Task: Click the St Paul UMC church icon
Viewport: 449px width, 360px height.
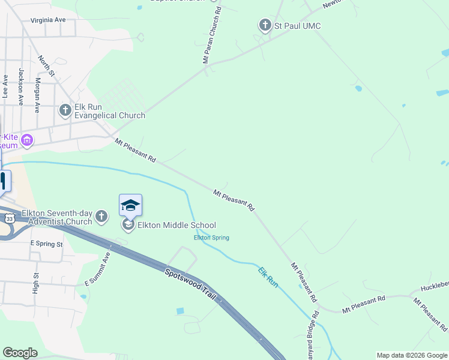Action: point(265,25)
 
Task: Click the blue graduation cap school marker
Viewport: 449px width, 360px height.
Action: point(130,205)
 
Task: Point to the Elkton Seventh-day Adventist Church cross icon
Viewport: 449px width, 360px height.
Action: point(101,217)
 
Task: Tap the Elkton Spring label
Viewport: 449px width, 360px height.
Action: point(211,238)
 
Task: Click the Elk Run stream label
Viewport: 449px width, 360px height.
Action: point(268,277)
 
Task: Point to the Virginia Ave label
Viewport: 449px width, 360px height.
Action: point(48,20)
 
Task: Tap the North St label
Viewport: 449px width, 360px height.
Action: point(46,67)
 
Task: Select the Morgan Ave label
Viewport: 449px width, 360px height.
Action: point(37,95)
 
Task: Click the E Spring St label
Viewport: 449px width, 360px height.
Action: point(46,244)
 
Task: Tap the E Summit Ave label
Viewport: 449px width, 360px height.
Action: point(98,268)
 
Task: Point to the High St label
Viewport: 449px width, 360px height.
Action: point(36,283)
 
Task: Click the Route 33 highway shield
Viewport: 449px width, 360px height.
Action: point(8,219)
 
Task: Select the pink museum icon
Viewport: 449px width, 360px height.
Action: point(26,141)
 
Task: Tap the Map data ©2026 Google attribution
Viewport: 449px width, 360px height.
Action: point(411,355)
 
